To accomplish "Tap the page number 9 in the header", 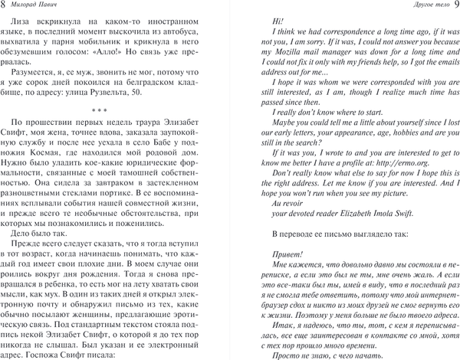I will point(452,7).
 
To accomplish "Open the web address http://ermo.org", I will point(399,183).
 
